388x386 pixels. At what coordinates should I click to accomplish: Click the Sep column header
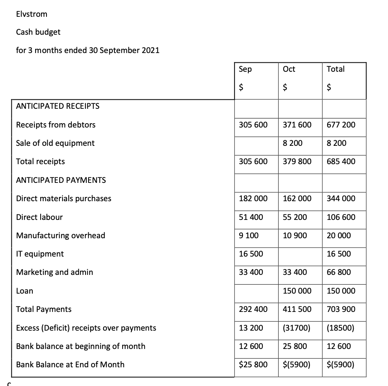245,69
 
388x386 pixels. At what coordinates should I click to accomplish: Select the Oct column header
289,69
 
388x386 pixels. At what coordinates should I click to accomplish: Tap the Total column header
335,69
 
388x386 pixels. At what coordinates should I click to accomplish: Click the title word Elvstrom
32,14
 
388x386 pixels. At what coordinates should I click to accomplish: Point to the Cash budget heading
38,32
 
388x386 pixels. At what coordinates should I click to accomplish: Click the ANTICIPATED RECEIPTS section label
58,106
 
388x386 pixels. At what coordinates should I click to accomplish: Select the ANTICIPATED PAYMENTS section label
61,180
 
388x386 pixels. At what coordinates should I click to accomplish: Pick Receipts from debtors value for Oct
297,125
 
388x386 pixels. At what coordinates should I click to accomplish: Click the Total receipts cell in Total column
341,161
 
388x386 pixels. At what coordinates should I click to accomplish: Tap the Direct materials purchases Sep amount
253,198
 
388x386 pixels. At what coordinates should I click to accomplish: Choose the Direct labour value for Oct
295,217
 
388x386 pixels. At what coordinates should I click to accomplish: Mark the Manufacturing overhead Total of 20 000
339,235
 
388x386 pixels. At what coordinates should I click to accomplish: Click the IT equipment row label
40,254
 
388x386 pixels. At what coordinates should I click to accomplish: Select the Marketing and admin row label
55,272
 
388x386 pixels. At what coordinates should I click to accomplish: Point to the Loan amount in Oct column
297,291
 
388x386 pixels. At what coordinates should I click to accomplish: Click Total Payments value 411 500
297,309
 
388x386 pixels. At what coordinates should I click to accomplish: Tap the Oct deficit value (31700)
296,328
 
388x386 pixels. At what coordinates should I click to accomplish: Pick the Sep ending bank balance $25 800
253,365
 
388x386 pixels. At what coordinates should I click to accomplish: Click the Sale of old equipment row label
55,143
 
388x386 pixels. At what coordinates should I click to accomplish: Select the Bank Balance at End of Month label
70,365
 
